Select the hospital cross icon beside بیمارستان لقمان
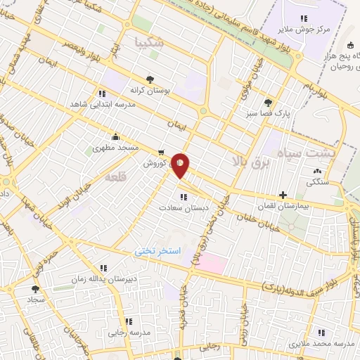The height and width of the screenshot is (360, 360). [x=283, y=195]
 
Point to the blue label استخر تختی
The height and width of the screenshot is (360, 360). [x=158, y=250]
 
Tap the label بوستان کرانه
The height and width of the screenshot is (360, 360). [x=147, y=90]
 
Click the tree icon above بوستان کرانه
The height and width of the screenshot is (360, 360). [x=149, y=79]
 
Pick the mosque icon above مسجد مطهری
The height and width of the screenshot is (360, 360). [x=116, y=137]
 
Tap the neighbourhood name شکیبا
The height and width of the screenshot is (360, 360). [x=150, y=42]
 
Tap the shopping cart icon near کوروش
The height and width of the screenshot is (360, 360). [x=162, y=152]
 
